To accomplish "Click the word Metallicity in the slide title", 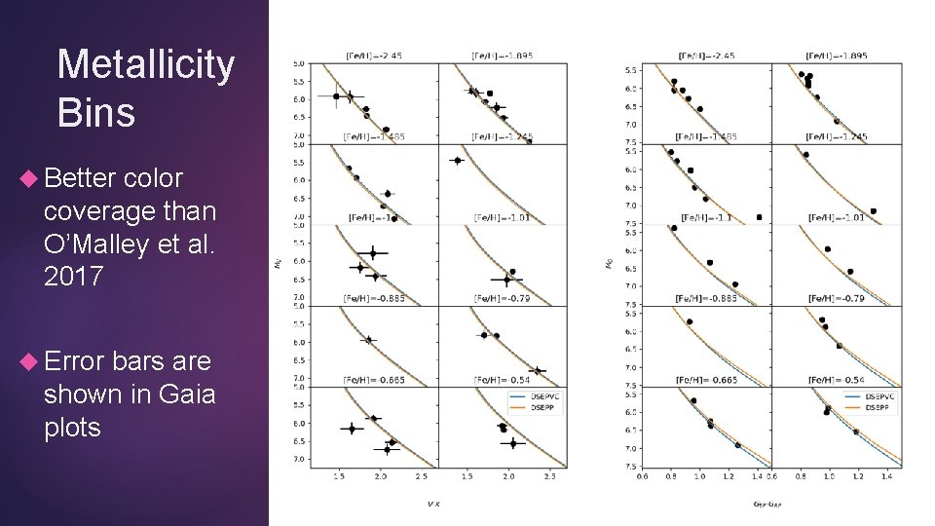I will pos(146,65).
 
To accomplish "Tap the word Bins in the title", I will pos(96,112).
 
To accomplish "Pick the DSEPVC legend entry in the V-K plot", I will pos(518,396).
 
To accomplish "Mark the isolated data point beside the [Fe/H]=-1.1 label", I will pos(759,217).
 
